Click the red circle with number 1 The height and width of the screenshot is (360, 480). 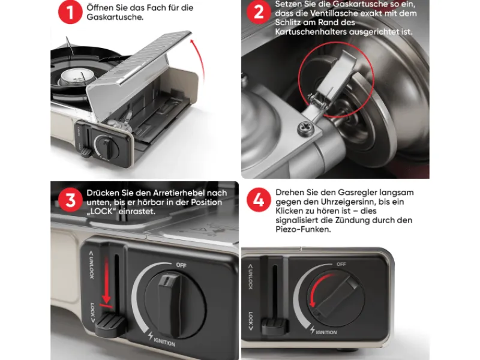70,12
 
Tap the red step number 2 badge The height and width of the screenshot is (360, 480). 259,12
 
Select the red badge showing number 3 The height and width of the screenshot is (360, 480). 70,200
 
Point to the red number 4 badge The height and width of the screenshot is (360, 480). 259,200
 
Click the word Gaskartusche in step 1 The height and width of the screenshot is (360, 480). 115,17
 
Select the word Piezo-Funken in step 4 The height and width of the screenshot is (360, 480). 303,229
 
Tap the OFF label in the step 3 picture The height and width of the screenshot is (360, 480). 181,265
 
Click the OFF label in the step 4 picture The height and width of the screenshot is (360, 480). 341,264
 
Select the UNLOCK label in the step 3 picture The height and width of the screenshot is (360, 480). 91,265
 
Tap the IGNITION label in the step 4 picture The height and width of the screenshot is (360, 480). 326,332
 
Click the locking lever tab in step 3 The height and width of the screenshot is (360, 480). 110,325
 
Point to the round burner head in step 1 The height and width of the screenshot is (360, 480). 74,77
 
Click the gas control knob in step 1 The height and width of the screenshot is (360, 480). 107,147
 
